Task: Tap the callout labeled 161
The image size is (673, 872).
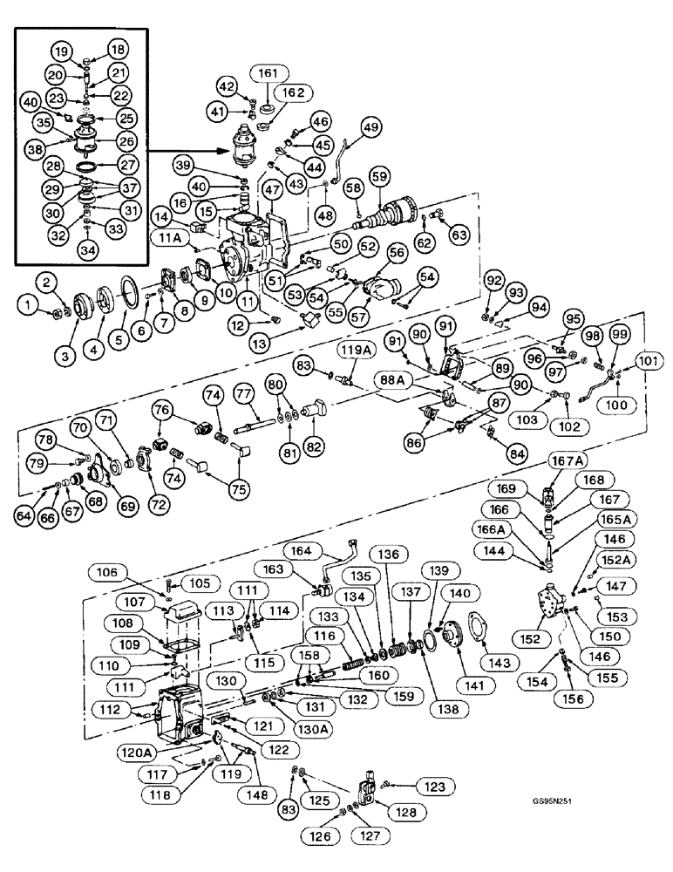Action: [x=268, y=73]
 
